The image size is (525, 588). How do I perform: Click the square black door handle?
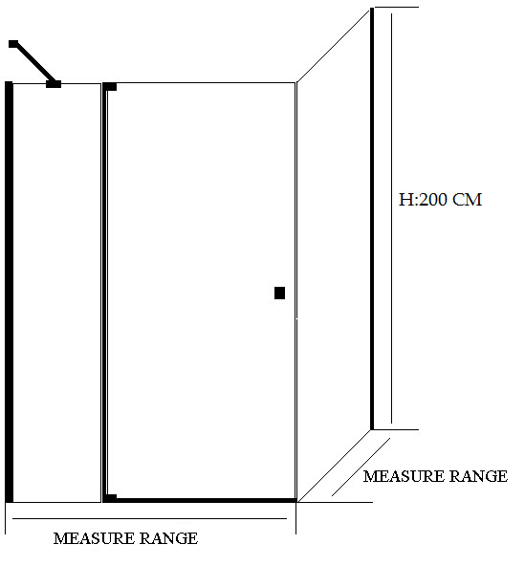point(279,293)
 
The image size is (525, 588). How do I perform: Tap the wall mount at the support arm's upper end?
point(13,44)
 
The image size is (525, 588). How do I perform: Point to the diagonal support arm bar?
point(34,63)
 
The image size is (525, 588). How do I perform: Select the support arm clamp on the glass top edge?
point(54,84)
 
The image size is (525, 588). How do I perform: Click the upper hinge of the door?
point(110,87)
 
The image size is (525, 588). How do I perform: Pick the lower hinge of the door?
point(110,498)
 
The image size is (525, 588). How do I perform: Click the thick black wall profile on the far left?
point(9,292)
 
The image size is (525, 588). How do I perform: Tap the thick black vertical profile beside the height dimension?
point(372,219)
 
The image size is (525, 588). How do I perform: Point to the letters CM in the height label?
point(468,200)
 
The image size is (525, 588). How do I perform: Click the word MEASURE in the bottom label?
point(94,538)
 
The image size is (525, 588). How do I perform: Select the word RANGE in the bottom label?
point(169,538)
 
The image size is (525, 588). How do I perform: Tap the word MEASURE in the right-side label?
point(404,476)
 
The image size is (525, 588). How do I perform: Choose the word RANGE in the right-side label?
point(479,476)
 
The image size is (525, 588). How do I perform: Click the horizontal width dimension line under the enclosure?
point(149,519)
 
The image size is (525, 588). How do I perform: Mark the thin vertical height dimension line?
point(392,218)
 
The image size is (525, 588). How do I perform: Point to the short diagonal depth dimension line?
point(361,467)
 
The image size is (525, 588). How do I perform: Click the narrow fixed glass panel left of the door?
point(57,293)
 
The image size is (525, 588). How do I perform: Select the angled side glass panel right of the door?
point(334,255)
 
